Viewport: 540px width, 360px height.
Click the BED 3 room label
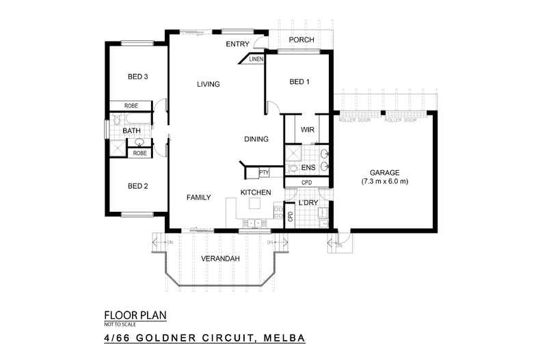137,77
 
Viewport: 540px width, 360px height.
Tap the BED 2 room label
137,186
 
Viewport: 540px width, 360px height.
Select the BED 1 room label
299,82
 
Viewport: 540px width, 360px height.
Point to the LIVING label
208,85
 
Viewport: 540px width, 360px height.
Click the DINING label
256,139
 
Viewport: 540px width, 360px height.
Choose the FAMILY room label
198,197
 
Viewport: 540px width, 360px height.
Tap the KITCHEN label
256,193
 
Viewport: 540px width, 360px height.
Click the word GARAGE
384,173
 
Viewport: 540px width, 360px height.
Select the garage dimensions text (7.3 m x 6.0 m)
385,182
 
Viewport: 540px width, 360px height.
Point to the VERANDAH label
219,260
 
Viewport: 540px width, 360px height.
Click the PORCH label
301,40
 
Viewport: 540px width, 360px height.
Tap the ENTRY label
238,44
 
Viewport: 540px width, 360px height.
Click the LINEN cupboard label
256,59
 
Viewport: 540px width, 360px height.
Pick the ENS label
308,167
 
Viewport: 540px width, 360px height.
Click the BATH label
132,130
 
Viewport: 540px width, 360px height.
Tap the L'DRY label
308,204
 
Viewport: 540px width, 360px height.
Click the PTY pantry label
264,173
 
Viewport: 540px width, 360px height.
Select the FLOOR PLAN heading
135,315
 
